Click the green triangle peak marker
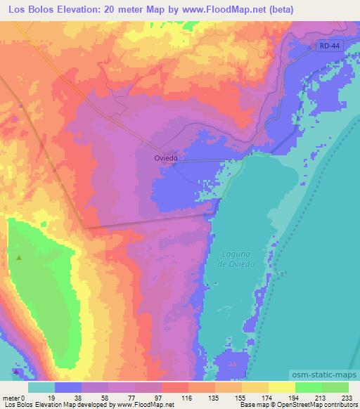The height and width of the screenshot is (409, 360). point(19,257)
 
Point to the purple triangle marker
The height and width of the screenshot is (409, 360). point(15,372)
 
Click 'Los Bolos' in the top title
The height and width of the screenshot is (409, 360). point(27,10)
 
